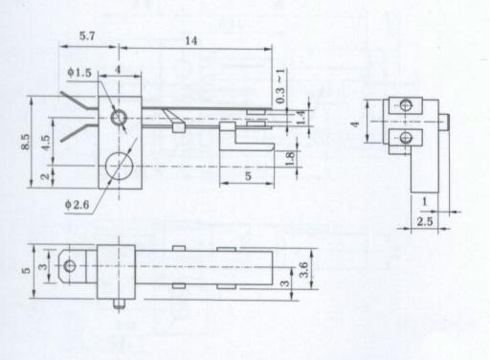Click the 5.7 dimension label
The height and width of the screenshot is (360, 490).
pyautogui.click(x=87, y=35)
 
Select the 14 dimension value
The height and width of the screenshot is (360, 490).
pyautogui.click(x=190, y=40)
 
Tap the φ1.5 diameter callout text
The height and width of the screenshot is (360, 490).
pyautogui.click(x=79, y=73)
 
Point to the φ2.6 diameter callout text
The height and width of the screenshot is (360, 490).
pyautogui.click(x=78, y=204)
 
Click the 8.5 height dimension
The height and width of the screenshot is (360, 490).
pyautogui.click(x=26, y=142)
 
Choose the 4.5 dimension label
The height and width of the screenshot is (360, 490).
pyautogui.click(x=46, y=143)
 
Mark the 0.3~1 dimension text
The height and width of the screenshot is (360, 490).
pyautogui.click(x=280, y=86)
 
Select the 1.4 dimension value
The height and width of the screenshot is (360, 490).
pyautogui.click(x=301, y=118)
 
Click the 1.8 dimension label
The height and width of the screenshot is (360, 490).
pyautogui.click(x=290, y=159)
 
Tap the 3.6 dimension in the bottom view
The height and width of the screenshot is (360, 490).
pyautogui.click(x=303, y=270)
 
